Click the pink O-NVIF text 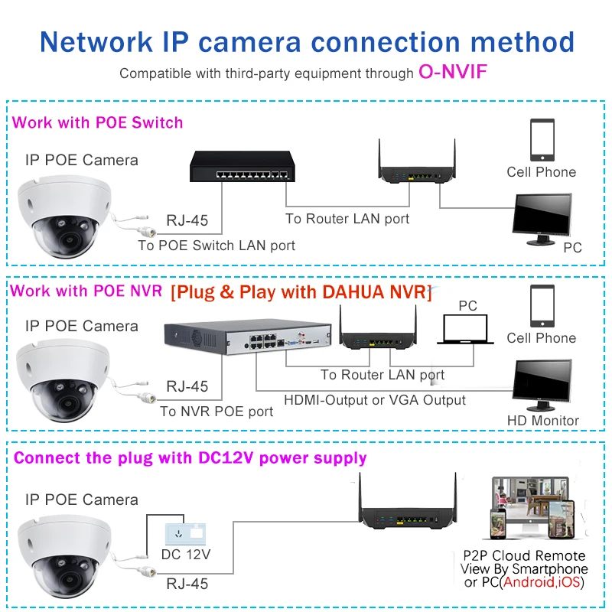(x=453, y=73)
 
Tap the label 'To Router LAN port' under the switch (x=347, y=219)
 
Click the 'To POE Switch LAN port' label (x=216, y=246)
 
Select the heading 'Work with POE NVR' (x=86, y=291)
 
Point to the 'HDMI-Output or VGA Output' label (x=375, y=400)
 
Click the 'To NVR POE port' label (x=216, y=412)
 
